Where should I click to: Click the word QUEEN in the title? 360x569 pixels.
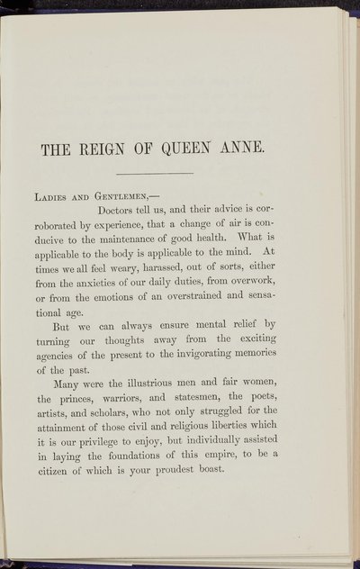(x=203, y=144)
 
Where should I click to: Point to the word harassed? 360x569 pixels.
(x=163, y=286)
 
